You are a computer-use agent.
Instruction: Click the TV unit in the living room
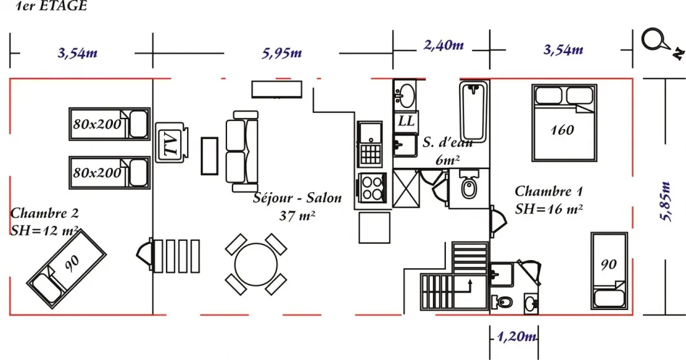[171, 143]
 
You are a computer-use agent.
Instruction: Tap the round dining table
[256, 265]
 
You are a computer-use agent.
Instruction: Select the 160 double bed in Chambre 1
[564, 123]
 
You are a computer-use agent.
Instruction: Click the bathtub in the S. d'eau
[474, 111]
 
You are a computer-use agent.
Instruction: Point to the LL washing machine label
[406, 121]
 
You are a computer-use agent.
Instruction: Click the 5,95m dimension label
[282, 53]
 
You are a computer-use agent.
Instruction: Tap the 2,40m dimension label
[443, 45]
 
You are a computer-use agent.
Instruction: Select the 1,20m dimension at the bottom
[516, 336]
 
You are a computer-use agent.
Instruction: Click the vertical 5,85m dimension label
[665, 202]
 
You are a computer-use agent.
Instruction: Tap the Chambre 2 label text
[44, 213]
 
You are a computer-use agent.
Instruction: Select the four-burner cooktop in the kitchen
[372, 188]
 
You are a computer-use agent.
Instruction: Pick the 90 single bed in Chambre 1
[609, 271]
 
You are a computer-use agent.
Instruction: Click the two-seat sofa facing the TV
[242, 151]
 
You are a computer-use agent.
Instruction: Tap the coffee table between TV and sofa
[210, 157]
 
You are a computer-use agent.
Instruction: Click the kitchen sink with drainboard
[370, 144]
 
